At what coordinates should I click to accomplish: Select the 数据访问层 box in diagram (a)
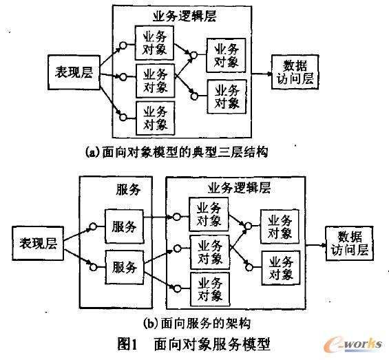coord(293,71)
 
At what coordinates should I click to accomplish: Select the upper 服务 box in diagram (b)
coord(124,226)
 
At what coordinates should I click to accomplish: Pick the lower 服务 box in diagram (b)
coord(124,266)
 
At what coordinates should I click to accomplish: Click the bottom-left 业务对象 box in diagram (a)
coord(155,116)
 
